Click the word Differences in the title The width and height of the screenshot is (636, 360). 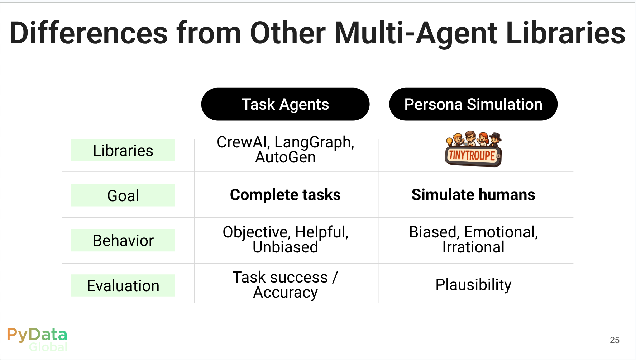point(89,33)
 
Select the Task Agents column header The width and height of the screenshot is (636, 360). point(285,104)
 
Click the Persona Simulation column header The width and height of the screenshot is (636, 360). point(473,104)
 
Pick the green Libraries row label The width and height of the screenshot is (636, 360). point(123,151)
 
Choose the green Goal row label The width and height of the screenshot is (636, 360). point(123,196)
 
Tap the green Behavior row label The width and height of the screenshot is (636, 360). point(123,241)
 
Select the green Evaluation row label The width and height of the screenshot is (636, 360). point(123,286)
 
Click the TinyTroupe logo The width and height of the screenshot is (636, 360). point(473,149)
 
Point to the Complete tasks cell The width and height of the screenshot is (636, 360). point(285,195)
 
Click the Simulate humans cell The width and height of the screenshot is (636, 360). point(473,195)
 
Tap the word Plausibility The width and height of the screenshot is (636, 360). point(473,285)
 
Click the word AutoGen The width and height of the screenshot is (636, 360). point(285,157)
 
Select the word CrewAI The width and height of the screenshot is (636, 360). point(242,142)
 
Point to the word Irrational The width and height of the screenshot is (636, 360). point(473,247)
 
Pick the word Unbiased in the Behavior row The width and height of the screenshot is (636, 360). point(285,247)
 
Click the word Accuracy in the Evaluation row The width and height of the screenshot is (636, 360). point(285,293)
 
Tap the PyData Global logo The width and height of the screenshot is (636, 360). point(37,339)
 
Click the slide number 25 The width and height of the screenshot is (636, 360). point(614,340)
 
